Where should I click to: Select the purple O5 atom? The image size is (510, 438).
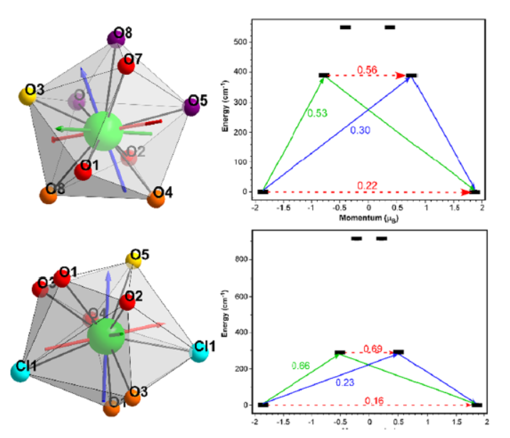point(192,106)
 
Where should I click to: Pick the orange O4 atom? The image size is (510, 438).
point(156,198)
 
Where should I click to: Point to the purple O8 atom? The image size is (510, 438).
point(117,38)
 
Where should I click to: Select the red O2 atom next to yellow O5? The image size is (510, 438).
point(127,301)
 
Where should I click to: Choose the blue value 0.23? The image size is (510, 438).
point(346,382)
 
